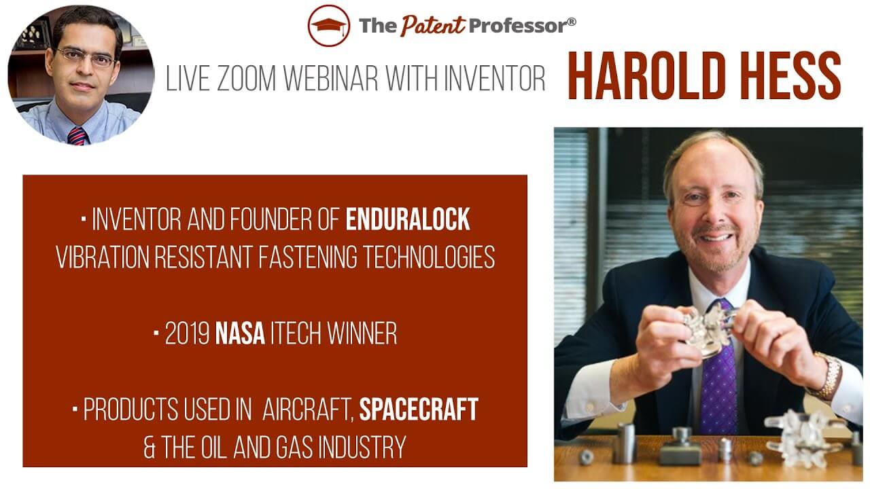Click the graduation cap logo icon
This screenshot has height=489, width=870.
point(329,26)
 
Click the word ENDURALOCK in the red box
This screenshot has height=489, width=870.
point(408,219)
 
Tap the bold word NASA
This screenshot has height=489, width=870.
point(240,334)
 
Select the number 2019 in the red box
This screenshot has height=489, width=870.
point(188,334)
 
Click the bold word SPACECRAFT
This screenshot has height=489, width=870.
point(419,410)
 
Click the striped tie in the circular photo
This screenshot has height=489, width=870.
point(77,134)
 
